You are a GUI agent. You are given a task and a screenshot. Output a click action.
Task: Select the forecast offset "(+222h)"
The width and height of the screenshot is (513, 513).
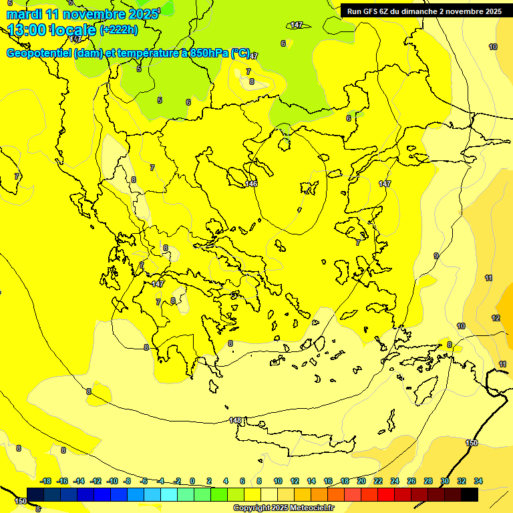point(118,29)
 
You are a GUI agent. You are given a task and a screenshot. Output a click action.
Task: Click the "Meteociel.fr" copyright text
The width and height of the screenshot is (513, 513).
point(307,508)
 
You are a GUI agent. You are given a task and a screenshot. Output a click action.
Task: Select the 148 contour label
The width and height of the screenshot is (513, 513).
point(235,420)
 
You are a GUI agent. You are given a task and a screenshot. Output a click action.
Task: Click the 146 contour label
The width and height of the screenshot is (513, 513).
point(251,184)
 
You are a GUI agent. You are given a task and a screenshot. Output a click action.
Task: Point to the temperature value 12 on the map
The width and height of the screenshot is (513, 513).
point(496,318)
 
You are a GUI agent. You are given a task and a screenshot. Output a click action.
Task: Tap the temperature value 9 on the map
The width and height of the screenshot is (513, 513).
point(436,256)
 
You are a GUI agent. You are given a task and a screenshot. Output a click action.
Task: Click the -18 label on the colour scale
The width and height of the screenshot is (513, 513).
point(45,481)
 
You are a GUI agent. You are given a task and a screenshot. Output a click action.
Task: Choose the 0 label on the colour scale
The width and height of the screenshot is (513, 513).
point(192,481)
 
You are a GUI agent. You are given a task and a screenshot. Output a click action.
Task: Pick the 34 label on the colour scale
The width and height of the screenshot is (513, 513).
point(478,481)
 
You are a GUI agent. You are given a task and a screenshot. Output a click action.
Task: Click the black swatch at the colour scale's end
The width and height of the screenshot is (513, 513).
point(470,494)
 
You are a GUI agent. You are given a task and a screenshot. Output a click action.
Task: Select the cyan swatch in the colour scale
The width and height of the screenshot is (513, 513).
point(169,494)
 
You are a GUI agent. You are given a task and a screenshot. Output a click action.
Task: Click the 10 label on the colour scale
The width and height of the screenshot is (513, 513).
point(278,481)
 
